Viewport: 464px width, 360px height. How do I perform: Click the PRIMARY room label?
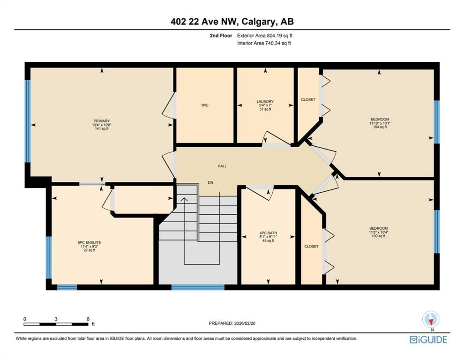click(102, 121)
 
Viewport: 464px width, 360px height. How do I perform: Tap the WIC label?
click(205, 105)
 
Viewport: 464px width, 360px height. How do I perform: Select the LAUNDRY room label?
click(265, 102)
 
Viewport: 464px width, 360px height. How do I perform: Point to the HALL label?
click(222, 166)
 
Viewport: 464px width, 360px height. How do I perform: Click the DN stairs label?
click(210, 183)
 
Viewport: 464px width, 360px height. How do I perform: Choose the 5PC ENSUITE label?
click(90, 242)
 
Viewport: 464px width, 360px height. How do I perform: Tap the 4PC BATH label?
click(268, 233)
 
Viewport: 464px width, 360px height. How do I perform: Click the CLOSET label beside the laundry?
click(308, 99)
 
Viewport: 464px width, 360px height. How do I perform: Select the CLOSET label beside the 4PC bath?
click(311, 246)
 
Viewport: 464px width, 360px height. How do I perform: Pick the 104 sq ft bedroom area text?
click(380, 127)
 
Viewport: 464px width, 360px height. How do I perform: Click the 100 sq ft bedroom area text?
click(379, 236)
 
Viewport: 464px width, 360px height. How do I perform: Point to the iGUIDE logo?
click(428, 339)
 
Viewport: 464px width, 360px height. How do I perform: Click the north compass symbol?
click(431, 320)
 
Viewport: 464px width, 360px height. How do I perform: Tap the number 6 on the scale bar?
click(88, 319)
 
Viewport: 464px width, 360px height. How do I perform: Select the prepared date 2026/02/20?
click(245, 323)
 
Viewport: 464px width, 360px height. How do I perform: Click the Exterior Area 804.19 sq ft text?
click(264, 36)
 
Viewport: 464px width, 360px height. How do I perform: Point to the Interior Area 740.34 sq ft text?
click(264, 43)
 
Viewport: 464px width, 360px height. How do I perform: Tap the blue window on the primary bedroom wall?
click(28, 121)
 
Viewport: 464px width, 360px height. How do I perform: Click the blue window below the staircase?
click(198, 287)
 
